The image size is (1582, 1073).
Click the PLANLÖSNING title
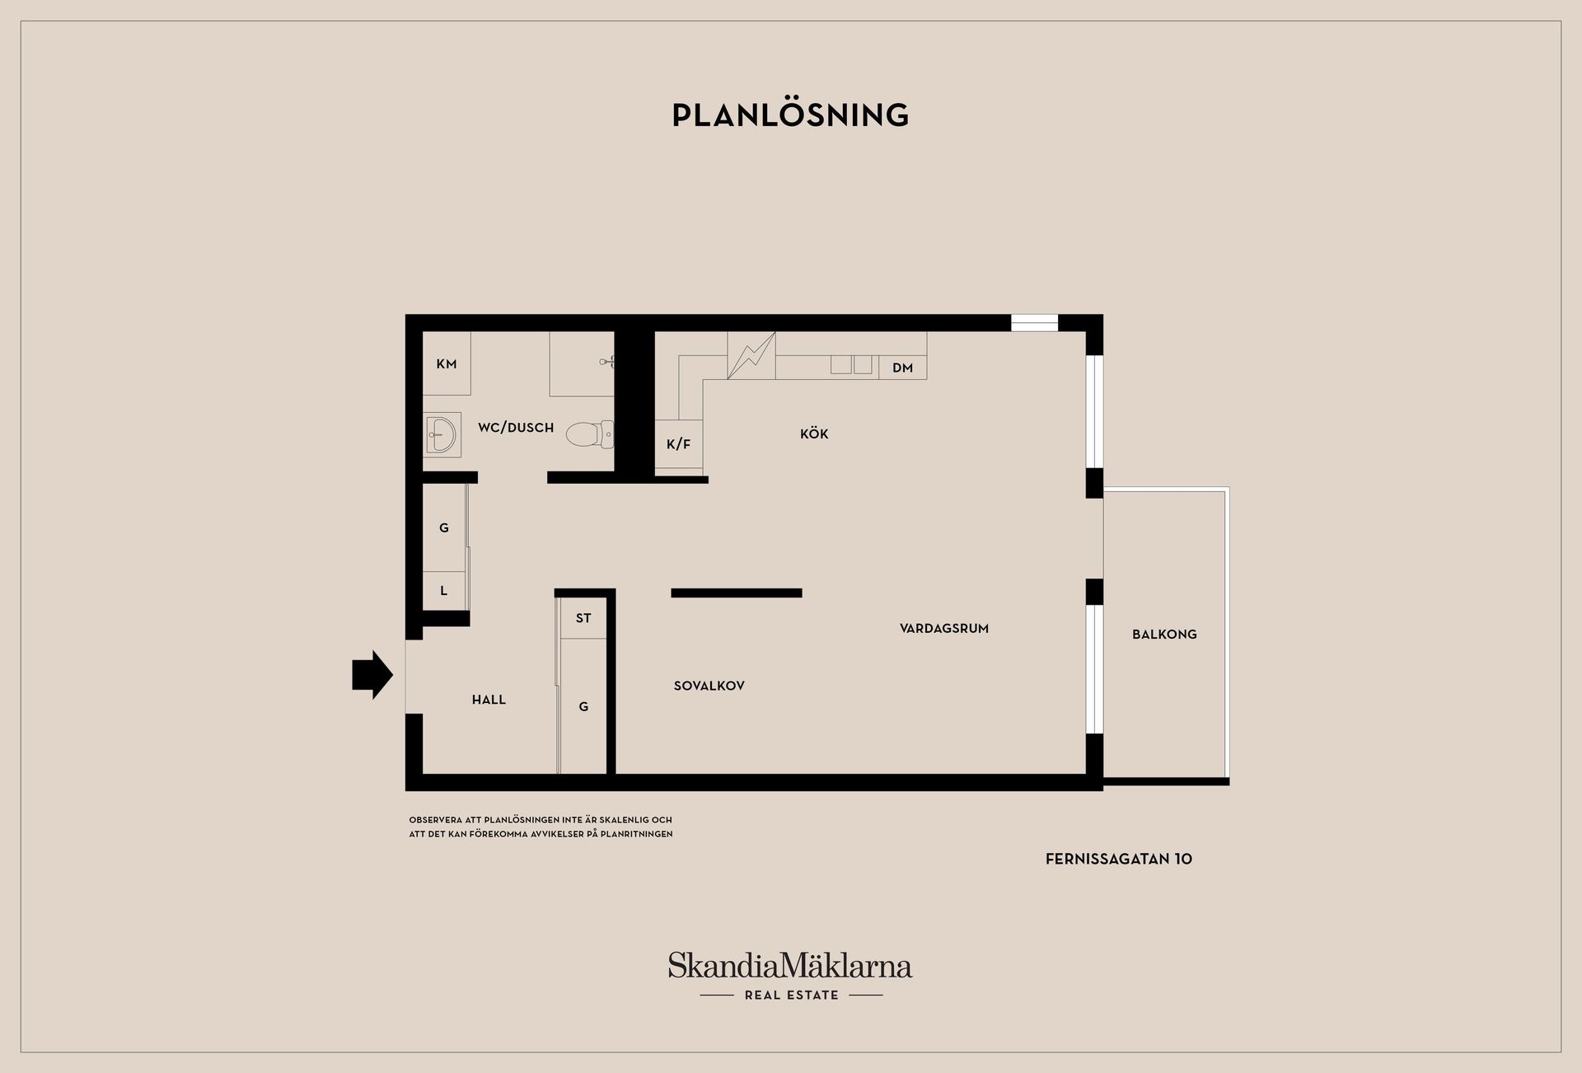(x=790, y=115)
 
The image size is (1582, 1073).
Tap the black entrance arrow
(x=372, y=675)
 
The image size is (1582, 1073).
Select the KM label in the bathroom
(x=447, y=364)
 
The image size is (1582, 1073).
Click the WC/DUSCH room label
(x=516, y=428)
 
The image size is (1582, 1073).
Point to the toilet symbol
(x=590, y=434)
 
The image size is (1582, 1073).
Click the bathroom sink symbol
(x=442, y=434)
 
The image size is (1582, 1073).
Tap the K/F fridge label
(x=679, y=445)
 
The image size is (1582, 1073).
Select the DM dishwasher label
(x=903, y=368)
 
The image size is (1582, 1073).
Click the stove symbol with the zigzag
(x=751, y=355)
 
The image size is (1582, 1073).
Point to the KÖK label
(x=814, y=433)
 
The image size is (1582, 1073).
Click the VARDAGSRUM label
(x=944, y=628)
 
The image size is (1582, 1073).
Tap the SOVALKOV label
(x=709, y=686)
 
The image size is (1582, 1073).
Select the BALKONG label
(x=1164, y=635)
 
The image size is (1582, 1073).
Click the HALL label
(x=489, y=700)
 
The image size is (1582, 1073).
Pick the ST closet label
(x=583, y=618)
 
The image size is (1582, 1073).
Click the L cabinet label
(x=444, y=591)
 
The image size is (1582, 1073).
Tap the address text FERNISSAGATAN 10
(x=1119, y=859)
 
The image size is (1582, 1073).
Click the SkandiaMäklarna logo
(x=790, y=965)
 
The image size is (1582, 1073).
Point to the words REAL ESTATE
(x=792, y=996)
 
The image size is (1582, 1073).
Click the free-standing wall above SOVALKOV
(x=737, y=593)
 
